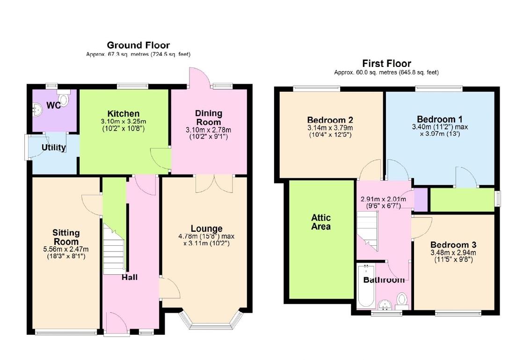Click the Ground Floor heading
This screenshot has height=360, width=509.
[x=138, y=45]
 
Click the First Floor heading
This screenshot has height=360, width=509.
[x=386, y=64]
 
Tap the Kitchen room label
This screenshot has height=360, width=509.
[x=124, y=114]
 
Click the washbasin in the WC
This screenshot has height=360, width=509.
[x=38, y=109]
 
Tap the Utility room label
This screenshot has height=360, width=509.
[x=54, y=147]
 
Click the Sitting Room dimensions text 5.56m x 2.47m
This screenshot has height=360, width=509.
[x=66, y=249]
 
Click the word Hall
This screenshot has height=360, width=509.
[x=130, y=278]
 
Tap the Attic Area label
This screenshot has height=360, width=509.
[x=321, y=222]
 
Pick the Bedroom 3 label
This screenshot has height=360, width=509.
[x=453, y=245]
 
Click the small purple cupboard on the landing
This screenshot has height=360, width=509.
[x=421, y=199]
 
